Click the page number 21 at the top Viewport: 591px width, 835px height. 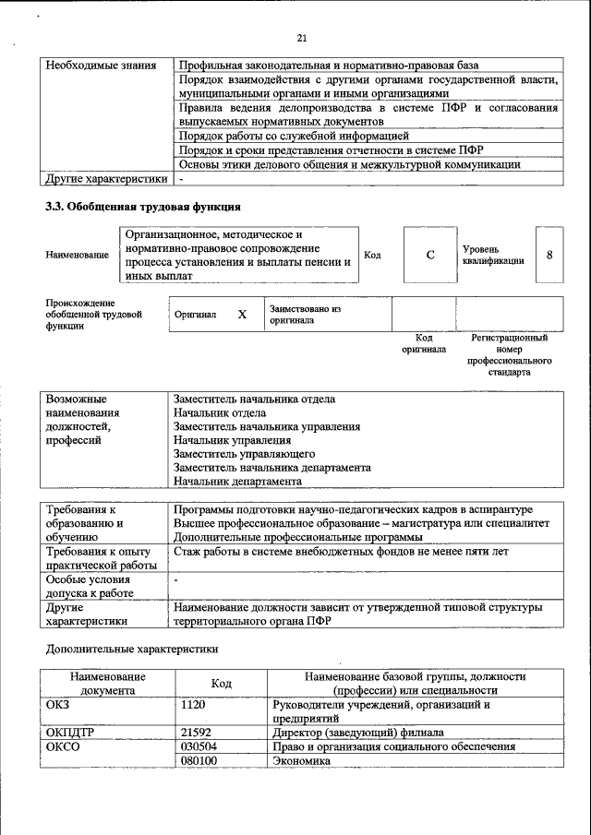pos(302,38)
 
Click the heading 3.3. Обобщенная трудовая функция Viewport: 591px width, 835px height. pos(143,206)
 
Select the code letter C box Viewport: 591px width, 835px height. pos(430,255)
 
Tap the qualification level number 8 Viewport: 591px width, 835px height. pos(549,255)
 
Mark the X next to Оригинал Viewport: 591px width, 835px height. pos(242,315)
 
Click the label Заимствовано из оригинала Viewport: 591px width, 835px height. pos(306,315)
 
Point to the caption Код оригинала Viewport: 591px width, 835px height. pos(424,343)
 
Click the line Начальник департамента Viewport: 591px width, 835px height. pos(237,481)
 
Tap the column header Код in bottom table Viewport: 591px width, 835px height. pos(221,683)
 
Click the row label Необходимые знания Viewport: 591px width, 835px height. pos(103,66)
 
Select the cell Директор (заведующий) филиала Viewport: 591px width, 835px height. pos(358,733)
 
